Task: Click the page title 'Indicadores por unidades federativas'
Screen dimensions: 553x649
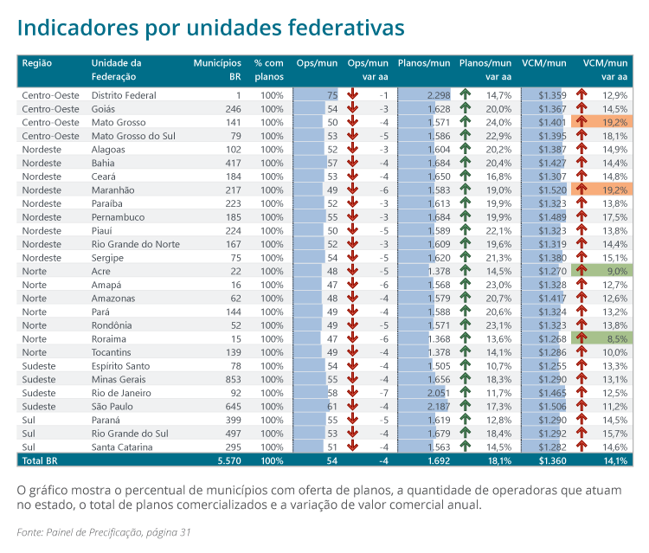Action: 210,28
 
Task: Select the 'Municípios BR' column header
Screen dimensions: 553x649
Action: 217,69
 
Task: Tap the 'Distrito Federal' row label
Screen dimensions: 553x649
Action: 124,95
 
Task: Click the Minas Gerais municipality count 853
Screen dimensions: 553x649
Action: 232,380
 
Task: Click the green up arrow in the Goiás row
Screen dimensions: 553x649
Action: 465,109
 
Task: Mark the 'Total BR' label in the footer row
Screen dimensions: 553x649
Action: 39,461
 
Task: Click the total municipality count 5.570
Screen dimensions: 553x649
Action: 228,461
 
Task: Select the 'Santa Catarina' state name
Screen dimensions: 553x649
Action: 122,447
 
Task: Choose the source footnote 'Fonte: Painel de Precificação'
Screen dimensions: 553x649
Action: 104,531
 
